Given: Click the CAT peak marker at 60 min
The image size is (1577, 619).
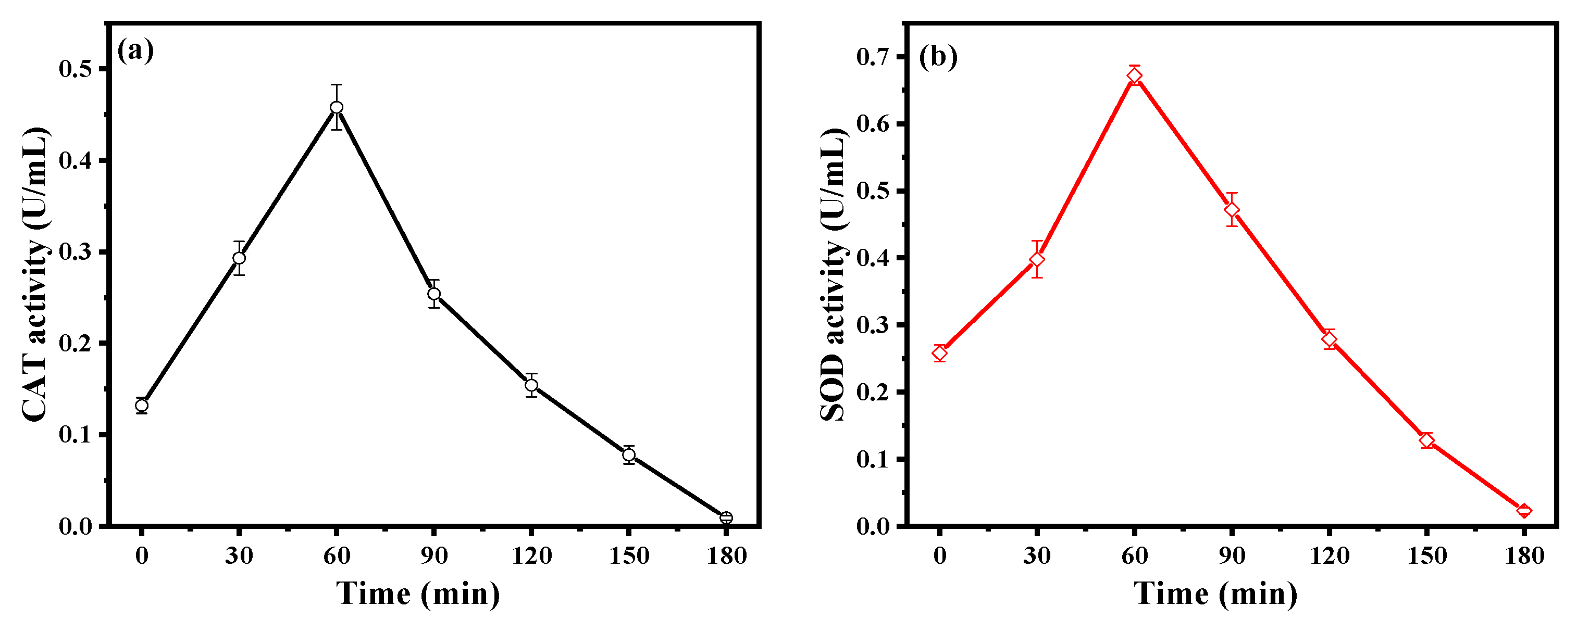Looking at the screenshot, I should [336, 107].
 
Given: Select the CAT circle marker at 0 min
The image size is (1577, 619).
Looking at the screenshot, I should [141, 405].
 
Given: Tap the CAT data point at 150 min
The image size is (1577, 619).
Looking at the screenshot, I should [629, 454].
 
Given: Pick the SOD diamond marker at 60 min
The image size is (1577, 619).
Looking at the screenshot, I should [1134, 76].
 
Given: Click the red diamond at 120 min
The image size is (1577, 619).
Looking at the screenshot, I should [1329, 338].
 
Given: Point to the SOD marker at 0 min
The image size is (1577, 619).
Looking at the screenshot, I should [940, 353].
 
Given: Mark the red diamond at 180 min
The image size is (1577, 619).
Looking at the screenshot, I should [1524, 510].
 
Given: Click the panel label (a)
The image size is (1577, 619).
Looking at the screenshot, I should [135, 50].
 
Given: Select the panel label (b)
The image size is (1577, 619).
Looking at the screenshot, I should [938, 57].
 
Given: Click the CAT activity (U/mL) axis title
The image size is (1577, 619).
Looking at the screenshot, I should [34, 274].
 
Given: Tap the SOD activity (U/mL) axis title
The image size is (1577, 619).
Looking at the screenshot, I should [833, 274].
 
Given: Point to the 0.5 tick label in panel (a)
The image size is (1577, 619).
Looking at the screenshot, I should [76, 69].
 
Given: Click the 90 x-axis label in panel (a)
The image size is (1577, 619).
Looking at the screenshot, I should [433, 555].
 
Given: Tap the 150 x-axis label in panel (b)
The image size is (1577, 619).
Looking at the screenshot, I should [1426, 555].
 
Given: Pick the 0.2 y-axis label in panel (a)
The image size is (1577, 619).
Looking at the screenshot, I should [76, 343].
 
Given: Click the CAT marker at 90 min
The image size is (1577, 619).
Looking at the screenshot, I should [434, 294].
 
